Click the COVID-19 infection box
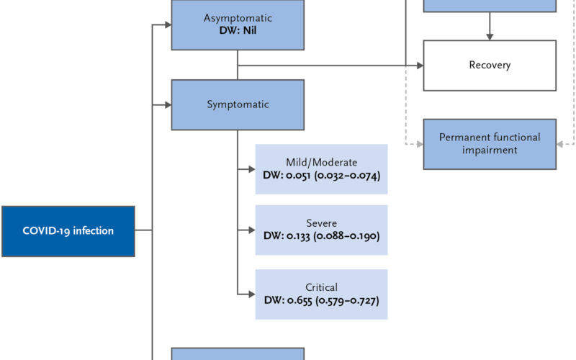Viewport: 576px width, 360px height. [x=68, y=231]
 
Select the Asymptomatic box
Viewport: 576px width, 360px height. [x=238, y=24]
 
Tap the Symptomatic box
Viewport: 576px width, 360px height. [x=238, y=104]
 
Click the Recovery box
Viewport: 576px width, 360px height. [x=490, y=66]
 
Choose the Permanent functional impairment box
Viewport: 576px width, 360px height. [x=490, y=144]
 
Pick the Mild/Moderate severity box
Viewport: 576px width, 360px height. [x=321, y=169]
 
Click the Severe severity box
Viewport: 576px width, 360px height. [x=321, y=230]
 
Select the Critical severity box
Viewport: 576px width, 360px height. [x=321, y=294]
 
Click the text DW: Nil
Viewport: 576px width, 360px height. [x=238, y=30]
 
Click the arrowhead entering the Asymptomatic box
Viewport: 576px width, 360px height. [x=168, y=24]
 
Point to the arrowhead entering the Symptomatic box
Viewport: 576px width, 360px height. [x=168, y=105]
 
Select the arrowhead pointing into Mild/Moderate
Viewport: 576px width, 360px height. [x=252, y=169]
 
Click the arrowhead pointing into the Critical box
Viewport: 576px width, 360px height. [x=252, y=294]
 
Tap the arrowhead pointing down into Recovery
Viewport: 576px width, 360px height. [x=490, y=37]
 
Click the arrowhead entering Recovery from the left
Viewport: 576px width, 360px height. [x=420, y=66]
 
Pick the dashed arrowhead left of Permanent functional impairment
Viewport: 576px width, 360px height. [x=420, y=145]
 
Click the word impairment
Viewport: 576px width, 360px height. [x=490, y=150]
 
